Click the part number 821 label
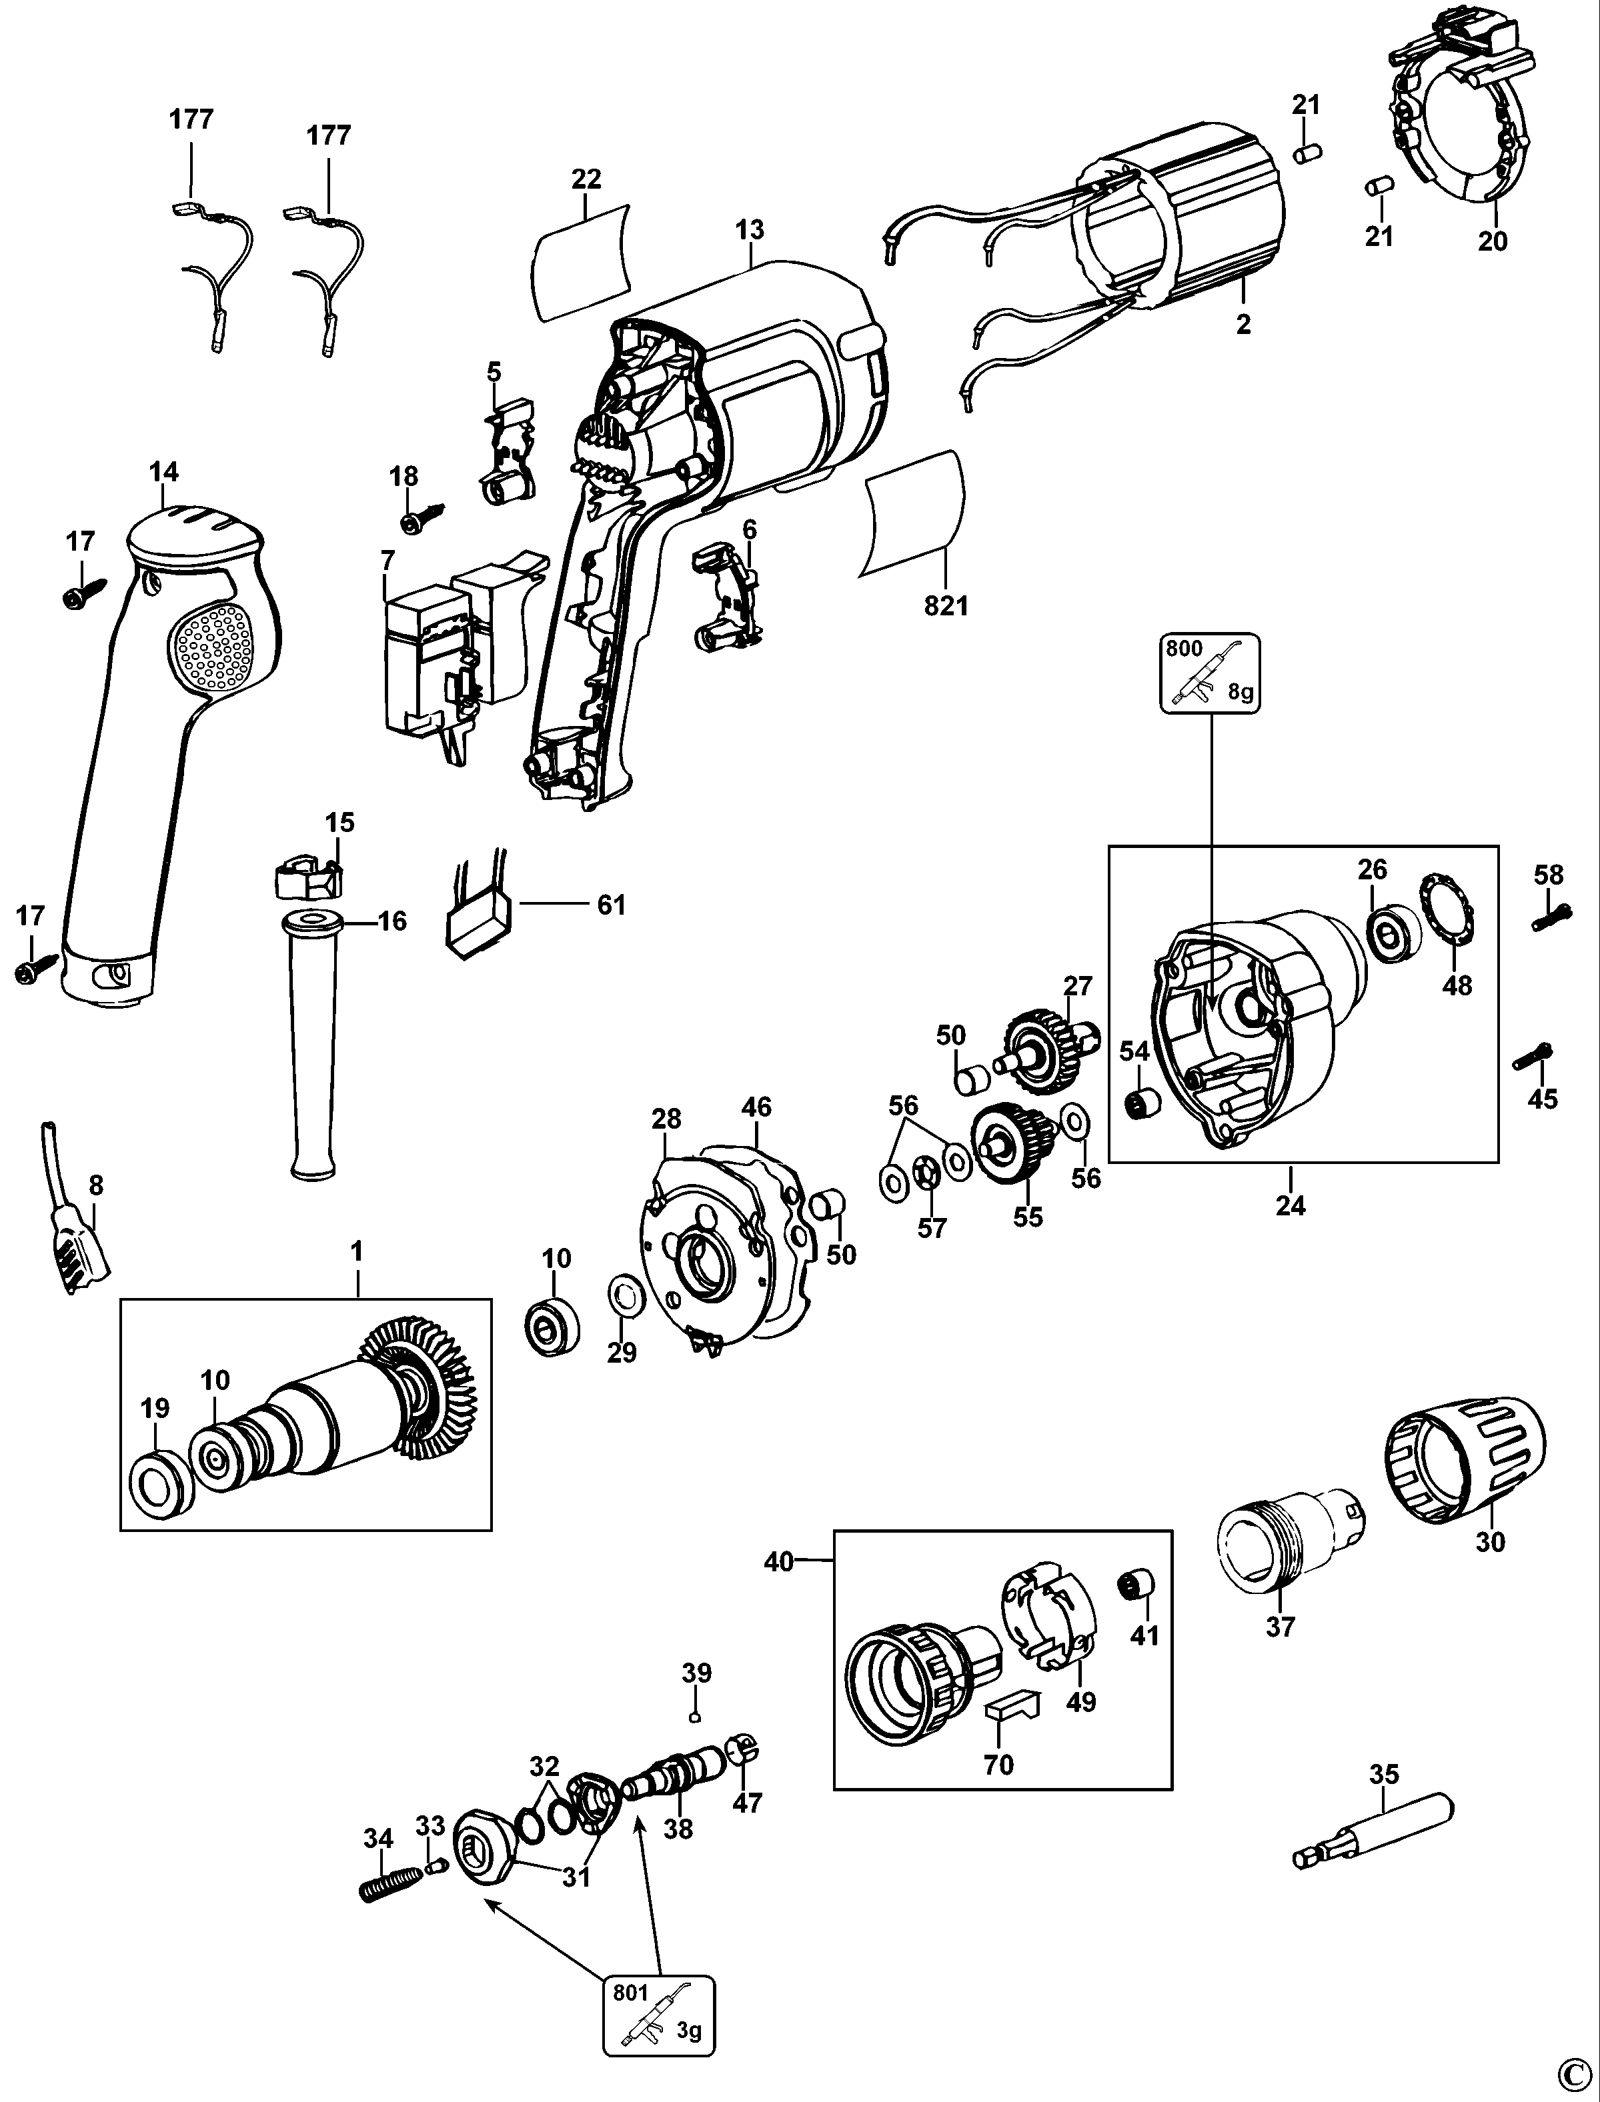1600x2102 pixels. tap(946, 605)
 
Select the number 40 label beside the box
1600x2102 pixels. tap(779, 1562)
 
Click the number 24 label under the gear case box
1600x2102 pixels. tap(1291, 1205)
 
